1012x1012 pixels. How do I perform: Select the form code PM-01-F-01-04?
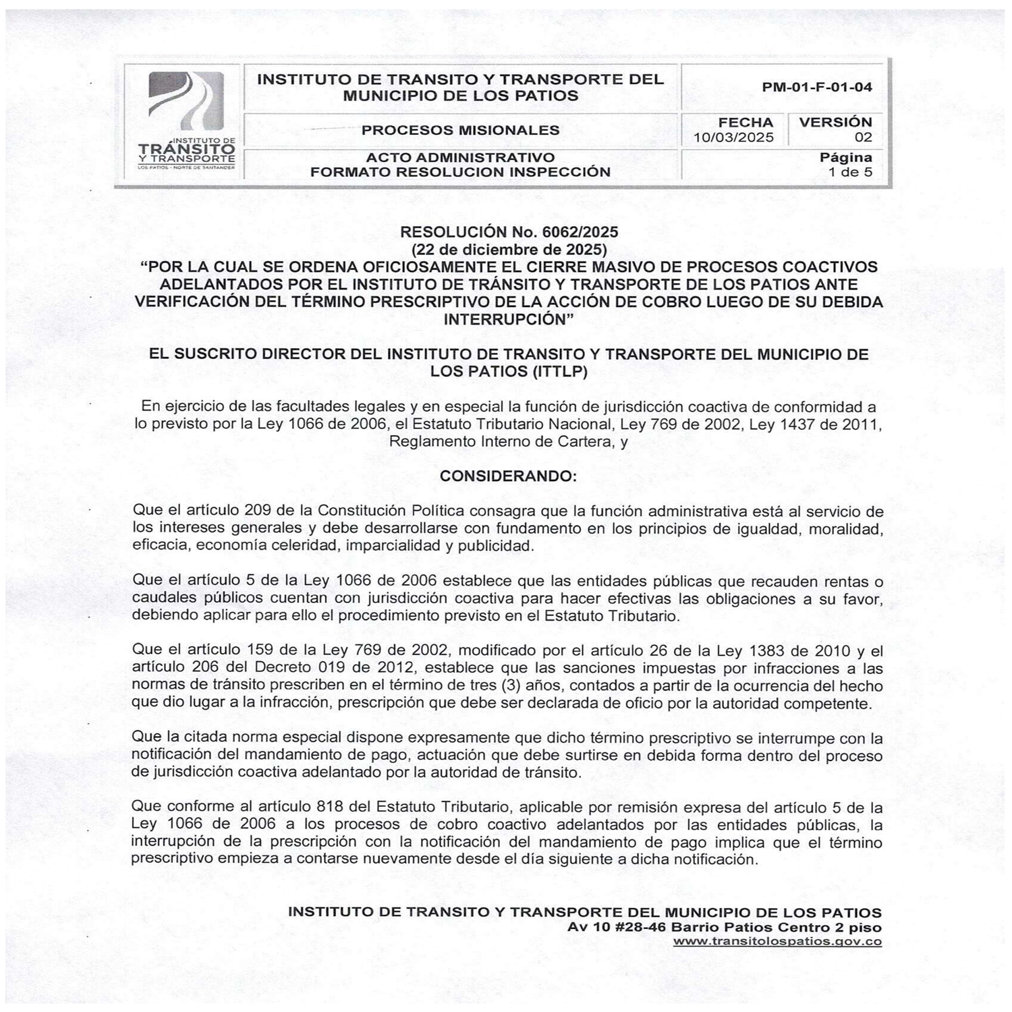(x=816, y=87)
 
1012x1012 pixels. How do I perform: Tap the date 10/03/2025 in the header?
(x=733, y=138)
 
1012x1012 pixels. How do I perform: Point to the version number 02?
(x=863, y=138)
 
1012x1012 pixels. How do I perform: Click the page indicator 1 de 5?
(x=850, y=172)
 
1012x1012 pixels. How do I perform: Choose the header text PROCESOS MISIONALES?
(x=460, y=130)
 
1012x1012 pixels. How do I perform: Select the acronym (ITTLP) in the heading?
(x=554, y=371)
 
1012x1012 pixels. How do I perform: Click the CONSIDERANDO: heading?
(x=508, y=476)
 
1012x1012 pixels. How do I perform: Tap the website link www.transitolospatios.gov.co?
(x=777, y=942)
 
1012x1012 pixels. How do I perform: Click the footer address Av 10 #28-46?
(x=617, y=927)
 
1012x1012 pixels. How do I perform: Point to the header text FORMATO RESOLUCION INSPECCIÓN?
(x=460, y=172)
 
